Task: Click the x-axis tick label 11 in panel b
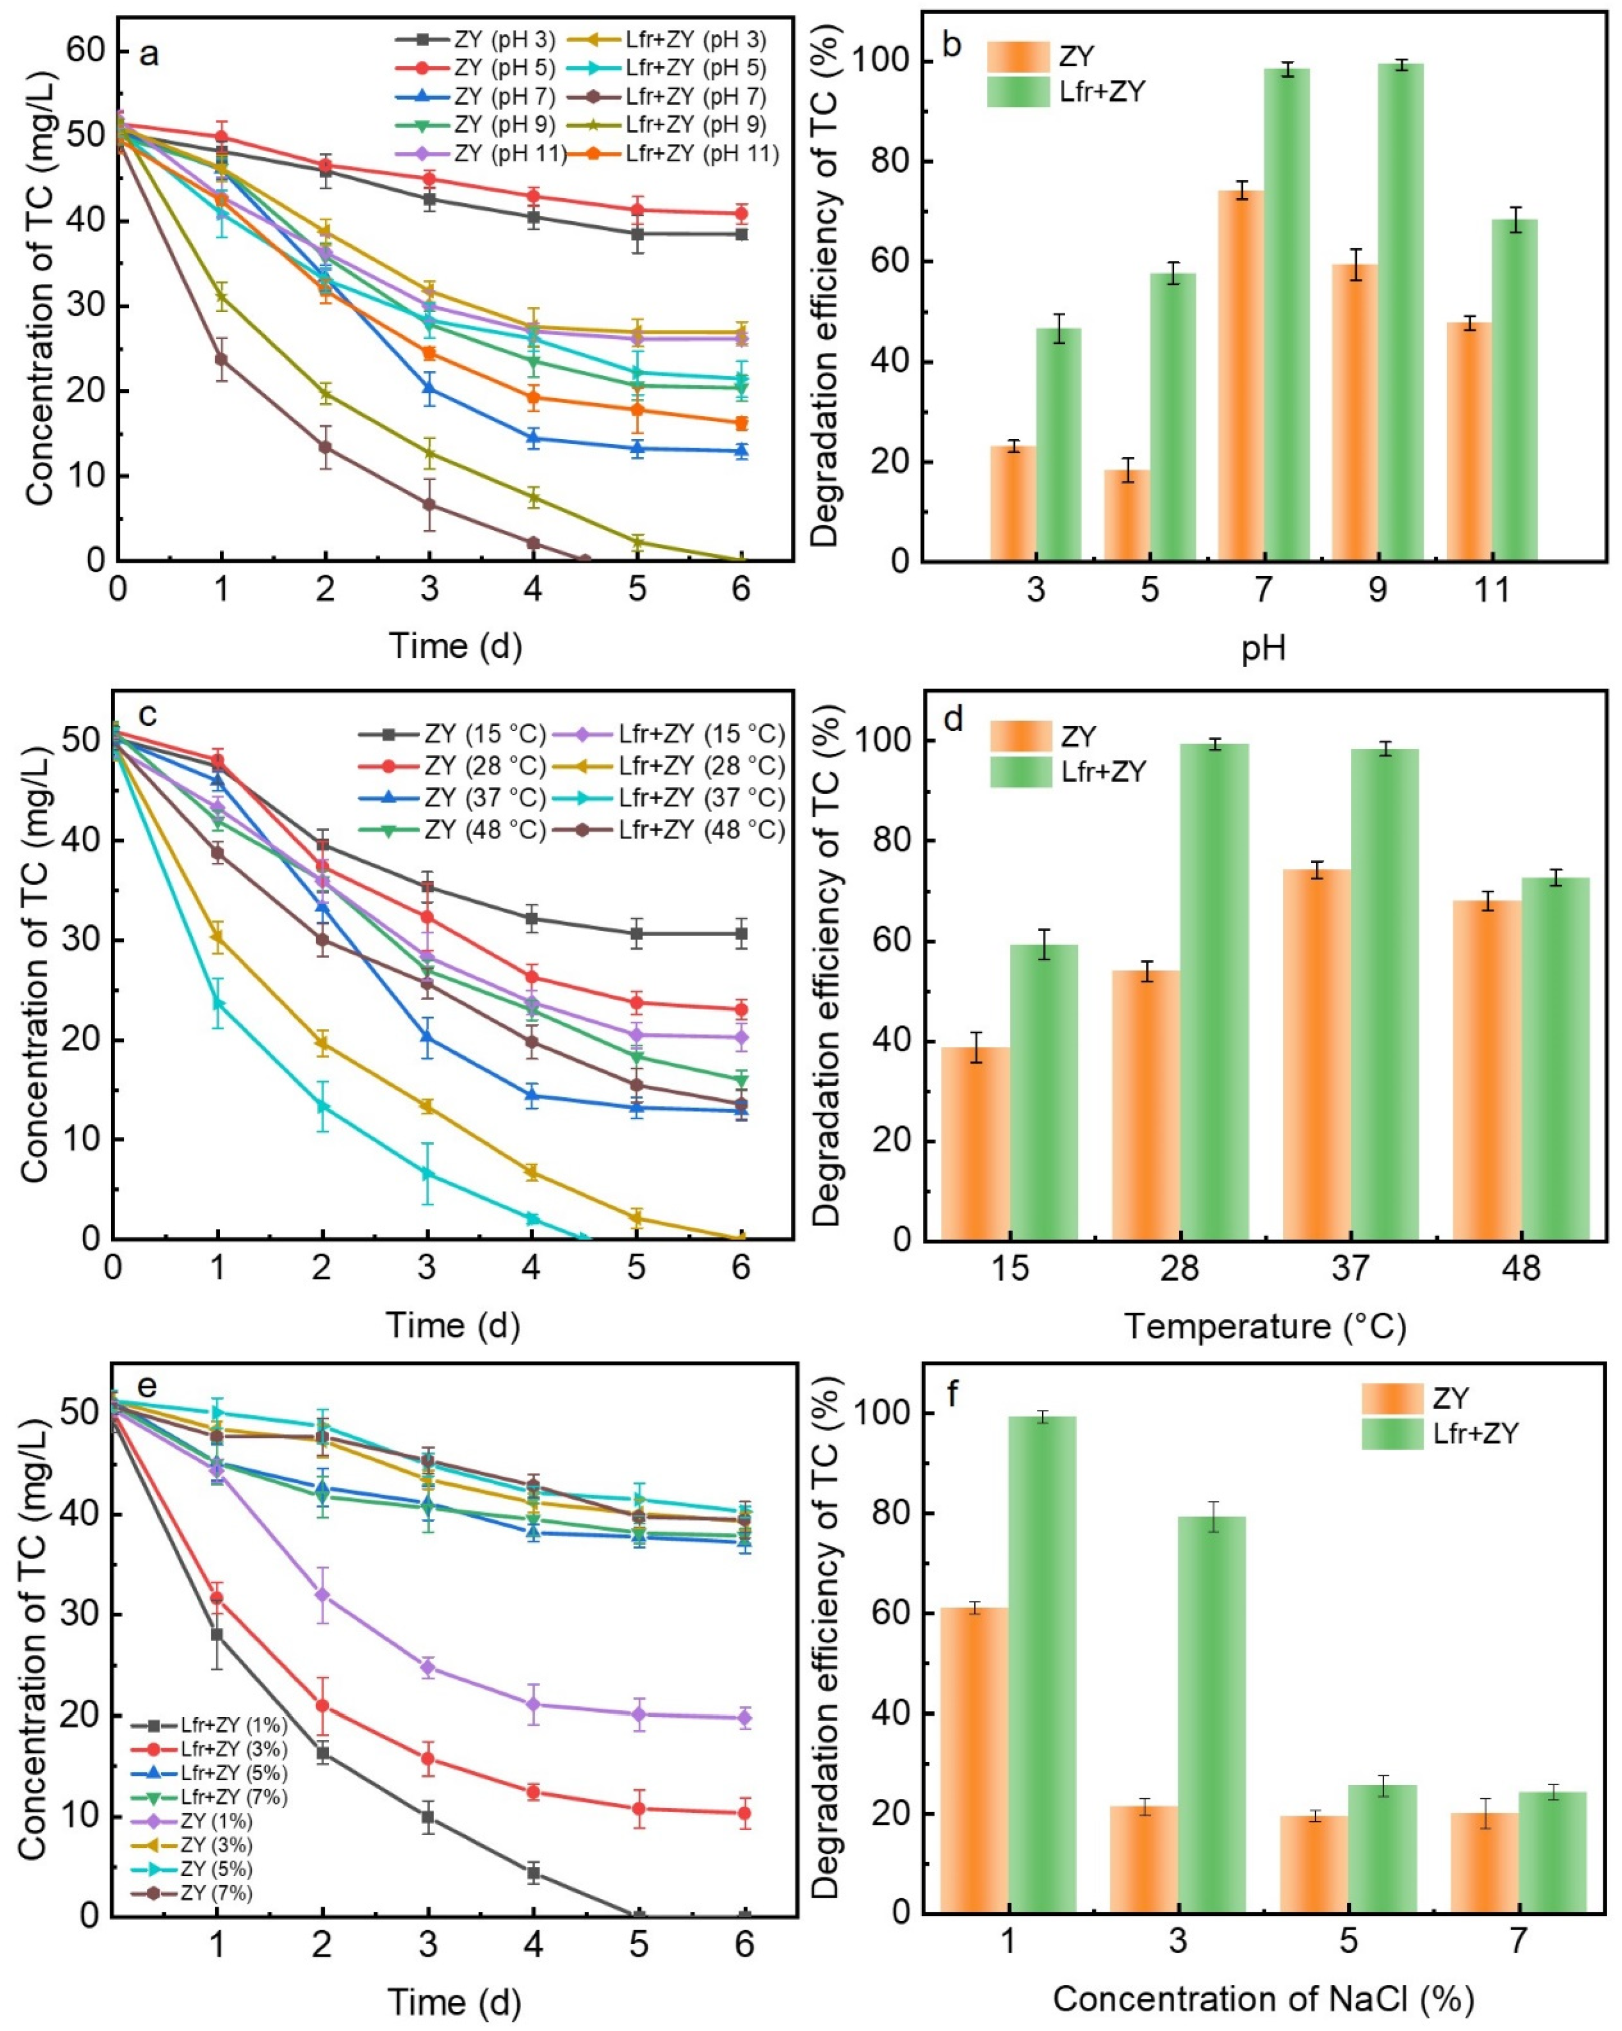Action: (x=1491, y=590)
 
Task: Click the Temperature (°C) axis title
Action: (x=1265, y=1327)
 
